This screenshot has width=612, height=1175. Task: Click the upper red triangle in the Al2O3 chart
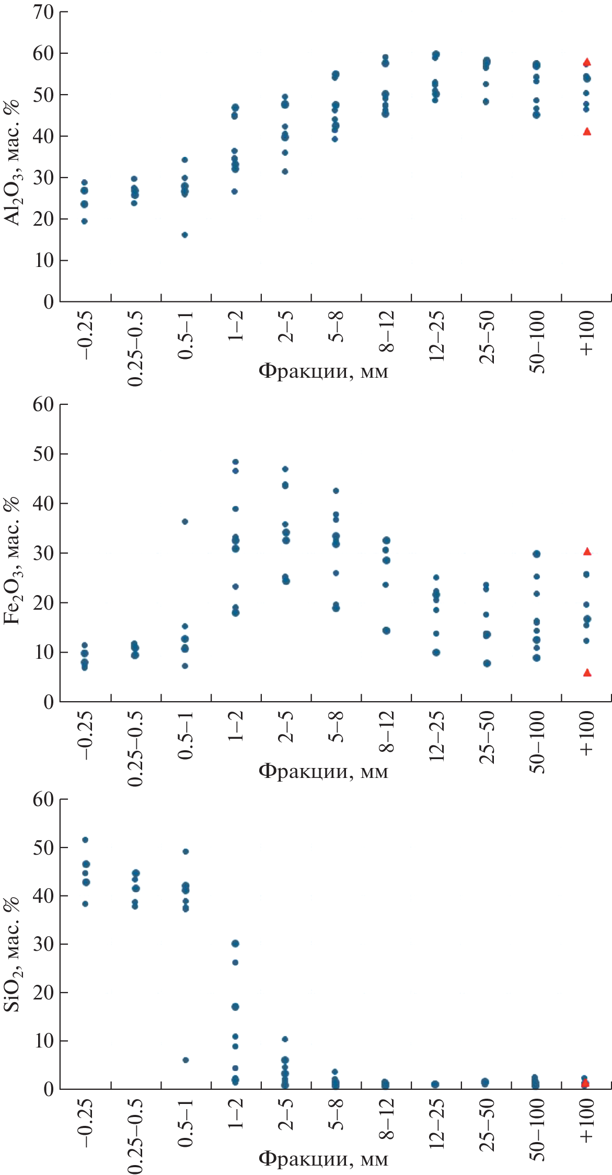click(x=587, y=62)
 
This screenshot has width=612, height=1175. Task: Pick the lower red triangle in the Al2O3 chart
click(x=587, y=131)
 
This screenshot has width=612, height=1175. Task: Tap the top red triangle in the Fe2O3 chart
click(x=587, y=551)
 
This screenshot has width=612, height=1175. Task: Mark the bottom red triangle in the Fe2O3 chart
click(x=587, y=673)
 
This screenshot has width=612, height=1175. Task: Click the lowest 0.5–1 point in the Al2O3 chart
click(x=184, y=235)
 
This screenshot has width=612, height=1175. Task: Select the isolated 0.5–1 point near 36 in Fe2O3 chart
click(x=184, y=521)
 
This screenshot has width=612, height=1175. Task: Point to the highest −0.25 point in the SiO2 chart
click(x=85, y=840)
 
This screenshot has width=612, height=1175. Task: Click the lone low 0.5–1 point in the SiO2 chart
click(x=186, y=1060)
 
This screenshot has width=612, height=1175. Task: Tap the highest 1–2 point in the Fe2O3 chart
click(x=235, y=462)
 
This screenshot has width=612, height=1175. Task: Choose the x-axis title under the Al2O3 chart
click(x=324, y=371)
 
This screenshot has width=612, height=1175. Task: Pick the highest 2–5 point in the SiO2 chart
click(x=285, y=1039)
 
